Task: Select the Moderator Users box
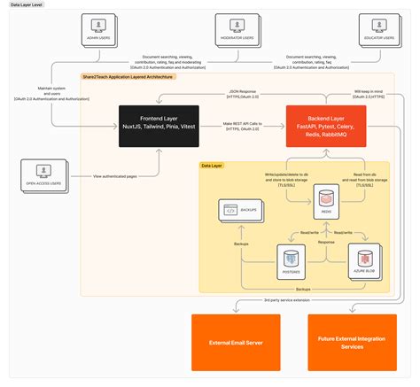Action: pyautogui.click(x=236, y=28)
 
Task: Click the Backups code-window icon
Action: pyautogui.click(x=230, y=210)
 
